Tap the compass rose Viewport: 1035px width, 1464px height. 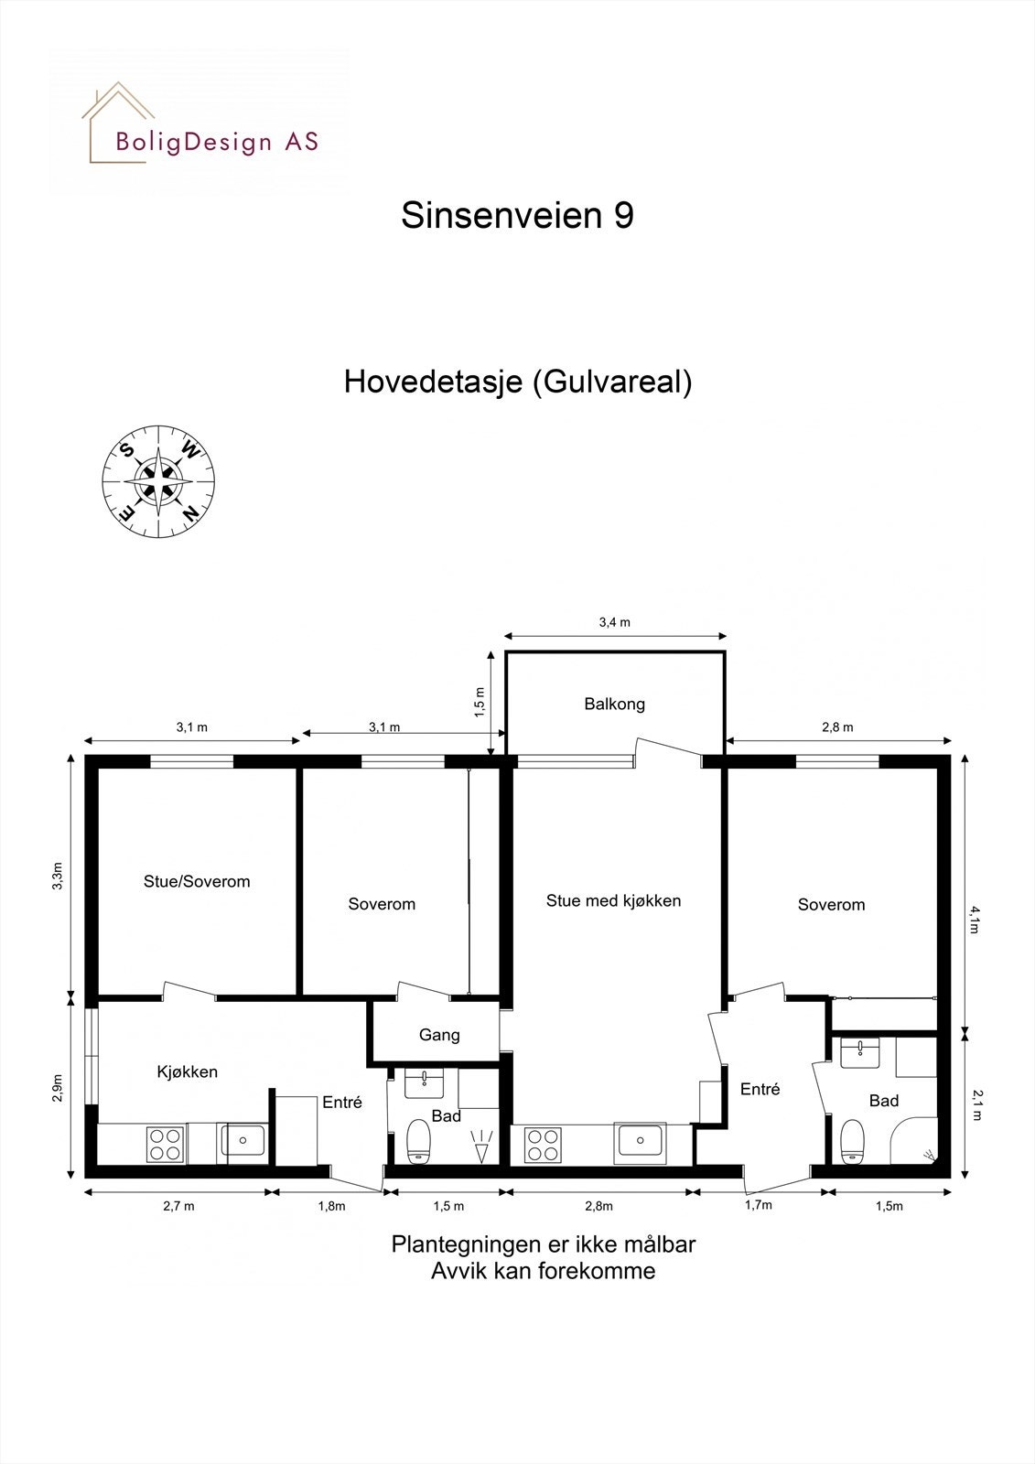coord(159,481)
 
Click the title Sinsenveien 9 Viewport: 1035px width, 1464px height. coord(517,216)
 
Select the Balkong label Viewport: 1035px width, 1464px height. coord(614,704)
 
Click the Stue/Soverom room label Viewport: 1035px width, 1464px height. coord(197,882)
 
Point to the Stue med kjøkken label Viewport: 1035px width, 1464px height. coord(613,900)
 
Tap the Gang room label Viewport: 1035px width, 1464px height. coord(439,1035)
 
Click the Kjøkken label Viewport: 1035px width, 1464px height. coord(187,1071)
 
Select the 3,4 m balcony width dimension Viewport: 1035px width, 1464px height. coord(614,622)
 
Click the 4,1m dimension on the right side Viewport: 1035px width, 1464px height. coord(976,919)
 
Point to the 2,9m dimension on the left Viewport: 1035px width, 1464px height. coord(58,1088)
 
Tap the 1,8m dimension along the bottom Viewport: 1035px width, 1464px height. coord(331,1206)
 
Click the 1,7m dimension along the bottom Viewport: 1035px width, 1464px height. coord(759,1205)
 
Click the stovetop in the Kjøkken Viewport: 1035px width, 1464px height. coord(166,1144)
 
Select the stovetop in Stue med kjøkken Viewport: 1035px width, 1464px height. coord(543,1145)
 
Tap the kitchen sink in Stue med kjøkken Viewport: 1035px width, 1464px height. coord(641,1141)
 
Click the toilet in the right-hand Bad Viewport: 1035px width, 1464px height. coord(852,1139)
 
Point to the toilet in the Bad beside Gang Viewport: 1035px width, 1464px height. coord(418,1141)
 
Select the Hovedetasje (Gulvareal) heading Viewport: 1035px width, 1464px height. coord(517,382)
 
